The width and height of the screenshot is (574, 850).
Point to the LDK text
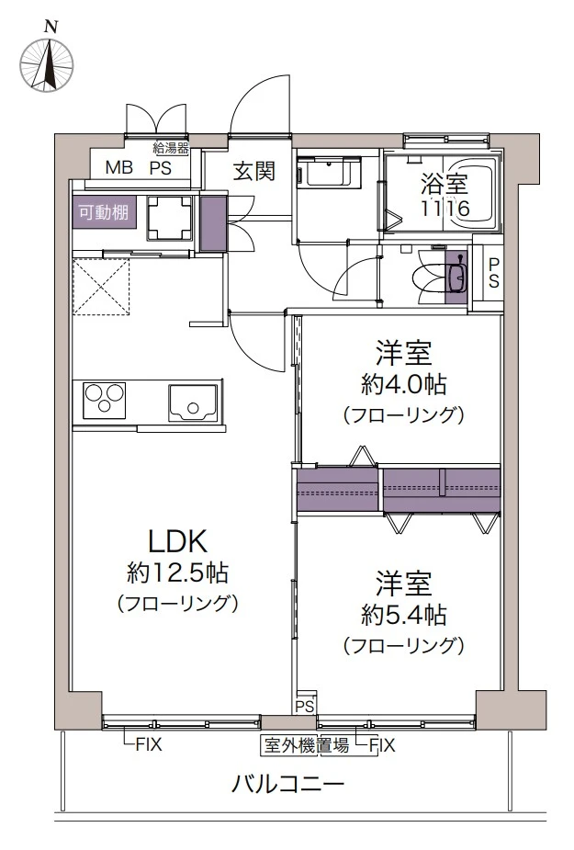(x=177, y=540)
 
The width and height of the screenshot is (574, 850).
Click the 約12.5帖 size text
(x=177, y=573)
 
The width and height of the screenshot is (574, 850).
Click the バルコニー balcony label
(x=287, y=785)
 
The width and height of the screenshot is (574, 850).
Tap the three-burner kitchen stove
(x=105, y=401)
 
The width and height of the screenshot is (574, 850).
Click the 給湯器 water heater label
(x=171, y=147)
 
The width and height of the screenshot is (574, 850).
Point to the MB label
(x=118, y=168)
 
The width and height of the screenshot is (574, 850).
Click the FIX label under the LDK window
(x=148, y=745)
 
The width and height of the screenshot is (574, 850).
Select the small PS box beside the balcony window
(x=305, y=706)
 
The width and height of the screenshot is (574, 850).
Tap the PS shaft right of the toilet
(x=493, y=273)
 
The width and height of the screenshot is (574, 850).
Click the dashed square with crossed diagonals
(x=102, y=286)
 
